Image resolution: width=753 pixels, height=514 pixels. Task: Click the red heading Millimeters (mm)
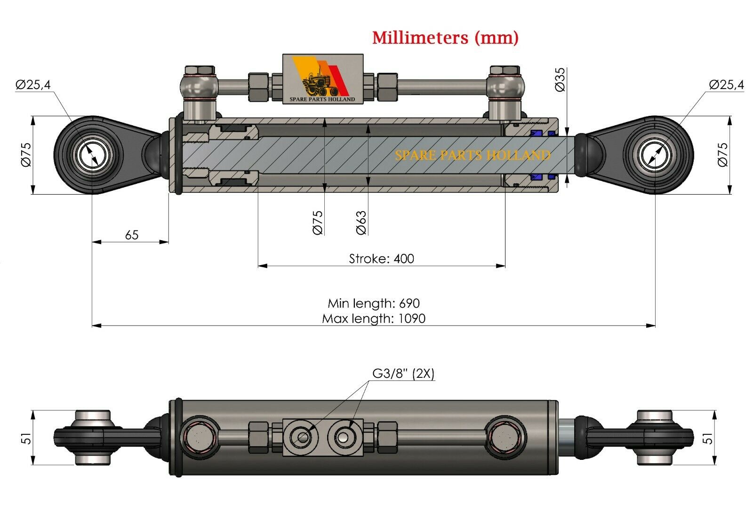[445, 37]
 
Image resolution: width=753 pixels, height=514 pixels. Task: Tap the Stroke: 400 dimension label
[381, 259]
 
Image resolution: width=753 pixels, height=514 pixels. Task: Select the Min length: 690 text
[374, 303]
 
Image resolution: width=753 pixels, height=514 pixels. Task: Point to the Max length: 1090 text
[374, 318]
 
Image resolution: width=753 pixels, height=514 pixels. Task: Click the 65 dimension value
[132, 235]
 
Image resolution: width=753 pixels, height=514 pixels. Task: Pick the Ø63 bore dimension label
[361, 223]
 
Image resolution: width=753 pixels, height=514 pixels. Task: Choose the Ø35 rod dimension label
[560, 80]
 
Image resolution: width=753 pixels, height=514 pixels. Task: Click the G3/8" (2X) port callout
[403, 374]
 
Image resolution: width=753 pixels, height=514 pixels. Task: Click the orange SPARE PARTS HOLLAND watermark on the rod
[472, 155]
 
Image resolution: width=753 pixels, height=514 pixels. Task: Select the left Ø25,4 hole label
[33, 85]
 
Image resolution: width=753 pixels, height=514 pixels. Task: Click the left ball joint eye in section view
[92, 155]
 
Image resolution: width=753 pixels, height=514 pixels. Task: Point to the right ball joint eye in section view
[656, 155]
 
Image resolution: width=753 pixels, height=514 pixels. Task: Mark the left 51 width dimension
[27, 438]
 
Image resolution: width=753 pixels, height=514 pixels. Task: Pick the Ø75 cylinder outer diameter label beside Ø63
[318, 223]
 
